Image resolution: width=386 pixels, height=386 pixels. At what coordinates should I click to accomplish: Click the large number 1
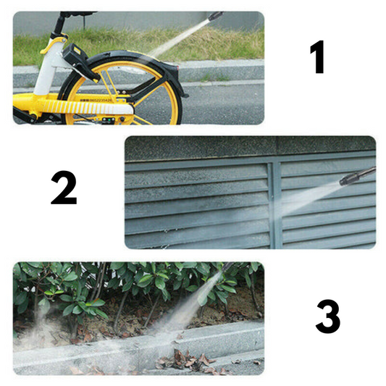(317, 57)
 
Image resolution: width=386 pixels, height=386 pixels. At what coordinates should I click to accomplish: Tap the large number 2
(64, 188)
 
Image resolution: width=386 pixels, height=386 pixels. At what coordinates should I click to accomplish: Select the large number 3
(327, 316)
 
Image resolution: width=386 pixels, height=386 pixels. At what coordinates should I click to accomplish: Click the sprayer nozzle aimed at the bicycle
(215, 16)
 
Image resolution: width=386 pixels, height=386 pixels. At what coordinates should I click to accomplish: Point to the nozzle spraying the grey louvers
(357, 177)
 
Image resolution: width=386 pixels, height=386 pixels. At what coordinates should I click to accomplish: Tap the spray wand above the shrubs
(226, 269)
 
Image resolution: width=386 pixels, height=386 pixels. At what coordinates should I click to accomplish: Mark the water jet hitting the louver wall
(304, 197)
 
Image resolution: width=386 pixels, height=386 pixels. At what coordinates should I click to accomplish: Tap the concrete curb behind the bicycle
(217, 71)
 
